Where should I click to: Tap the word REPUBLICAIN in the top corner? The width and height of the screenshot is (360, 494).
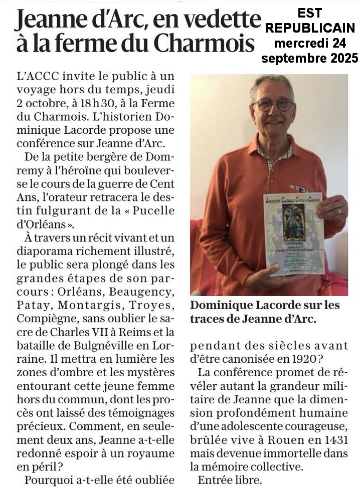click(x=310, y=29)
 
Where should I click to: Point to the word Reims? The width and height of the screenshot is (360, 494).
click(x=141, y=331)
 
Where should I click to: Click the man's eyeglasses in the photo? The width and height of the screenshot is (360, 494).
click(x=273, y=104)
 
